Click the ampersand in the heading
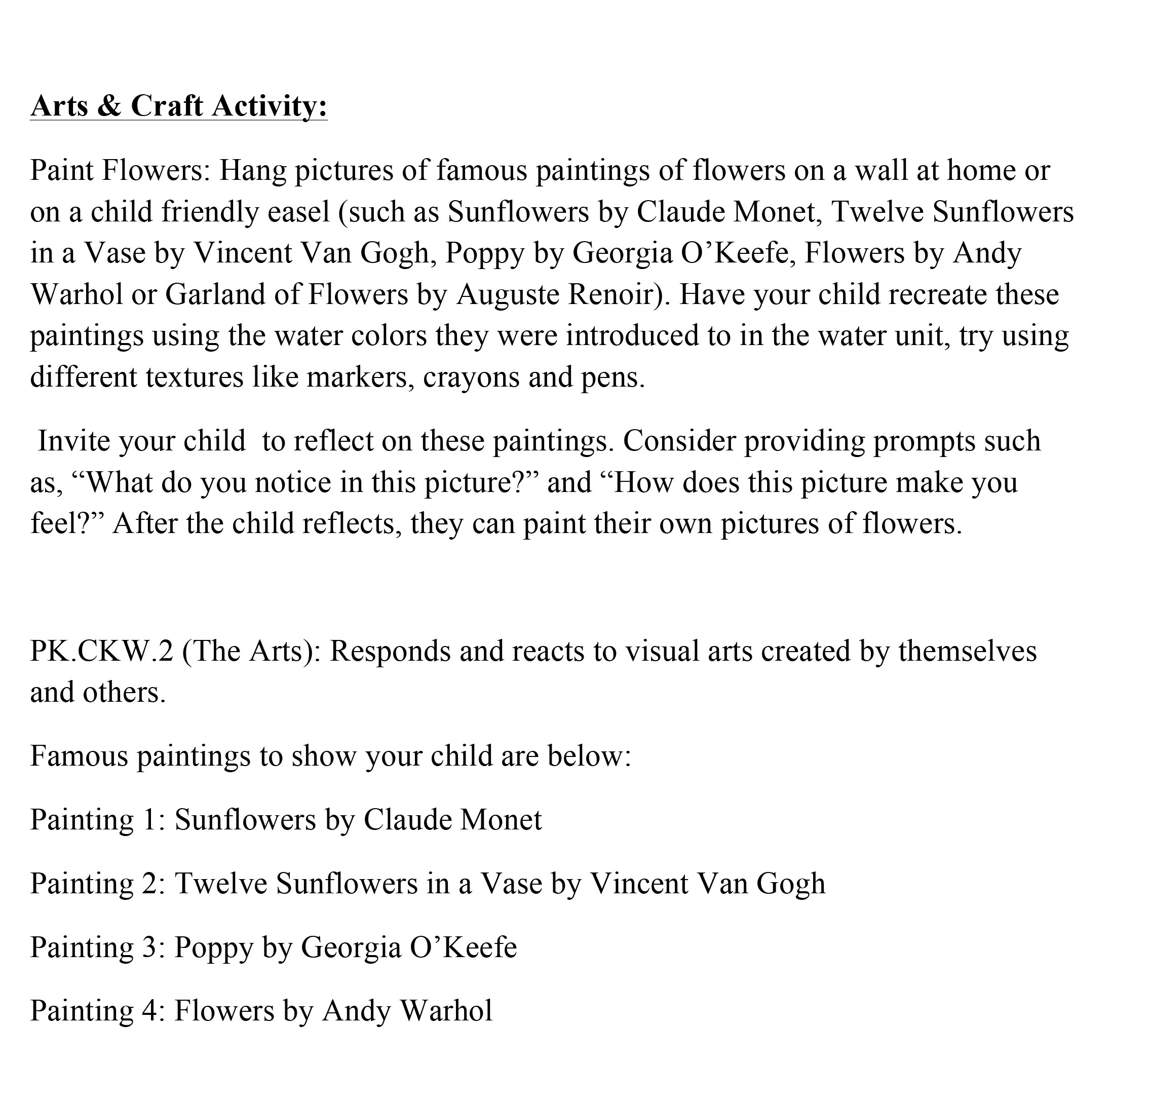click(x=108, y=106)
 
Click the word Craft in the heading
click(x=167, y=106)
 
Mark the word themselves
click(x=967, y=652)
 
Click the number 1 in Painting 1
click(x=150, y=820)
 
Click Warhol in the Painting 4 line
click(x=445, y=1011)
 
